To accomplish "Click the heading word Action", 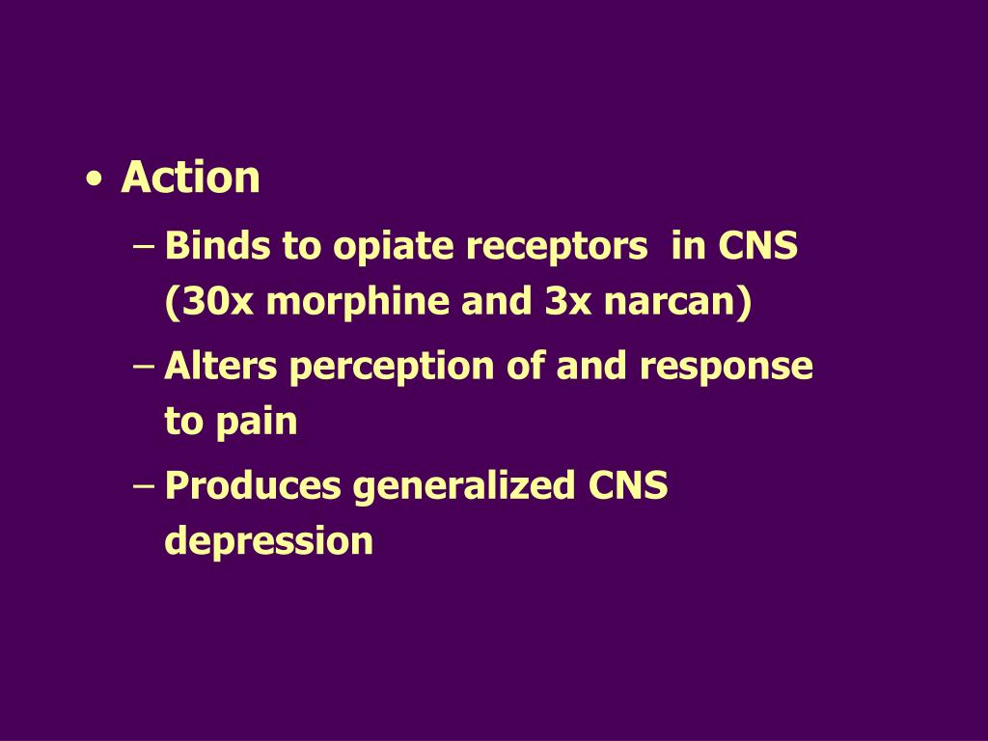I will [x=190, y=178].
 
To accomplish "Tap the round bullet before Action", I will [x=94, y=179].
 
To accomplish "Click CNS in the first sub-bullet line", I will [x=757, y=247].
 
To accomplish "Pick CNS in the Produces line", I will [x=627, y=486].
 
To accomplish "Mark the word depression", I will [x=269, y=542].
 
